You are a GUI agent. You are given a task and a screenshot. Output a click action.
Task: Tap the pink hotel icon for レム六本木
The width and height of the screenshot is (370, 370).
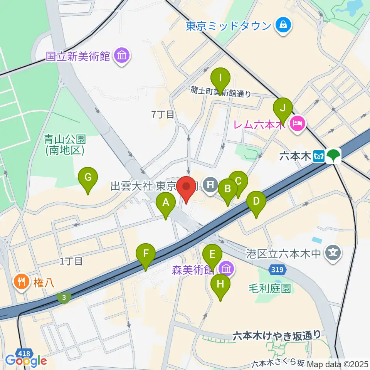click(298, 124)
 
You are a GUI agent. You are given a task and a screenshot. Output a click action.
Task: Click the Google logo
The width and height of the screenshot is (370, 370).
click(26, 361)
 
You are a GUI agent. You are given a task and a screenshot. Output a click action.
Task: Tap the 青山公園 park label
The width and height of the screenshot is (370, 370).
click(64, 144)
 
